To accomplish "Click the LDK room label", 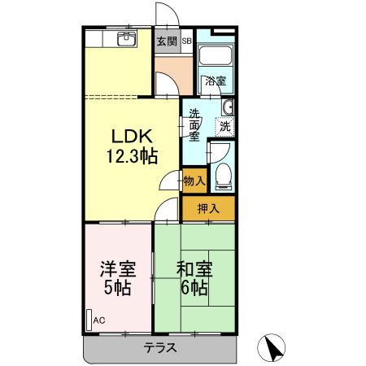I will click(x=129, y=137).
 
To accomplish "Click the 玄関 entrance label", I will click(x=167, y=41).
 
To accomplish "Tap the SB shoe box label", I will click(x=186, y=41).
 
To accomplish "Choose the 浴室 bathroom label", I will click(x=215, y=81).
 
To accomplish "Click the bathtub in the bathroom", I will click(x=215, y=58).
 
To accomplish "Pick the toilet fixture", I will click(x=224, y=174).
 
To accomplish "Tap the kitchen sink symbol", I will click(x=126, y=38).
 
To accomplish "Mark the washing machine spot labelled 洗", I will click(x=224, y=126).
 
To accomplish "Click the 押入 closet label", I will click(x=209, y=208).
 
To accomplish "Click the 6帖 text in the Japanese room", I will click(x=194, y=289).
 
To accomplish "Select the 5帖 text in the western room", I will click(x=117, y=289).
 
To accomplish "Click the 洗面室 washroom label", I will click(x=195, y=126).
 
